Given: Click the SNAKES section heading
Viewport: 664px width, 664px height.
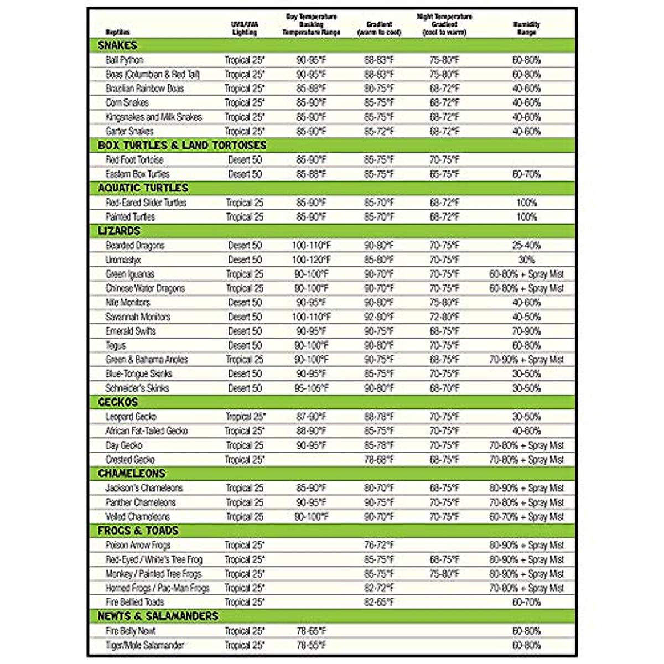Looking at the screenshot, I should coord(117,45).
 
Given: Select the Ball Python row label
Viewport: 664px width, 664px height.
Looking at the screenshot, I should coord(124,60).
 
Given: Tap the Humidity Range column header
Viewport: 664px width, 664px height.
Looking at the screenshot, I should coord(526,28).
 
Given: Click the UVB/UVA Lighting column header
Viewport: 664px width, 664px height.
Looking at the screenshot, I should coord(245,28).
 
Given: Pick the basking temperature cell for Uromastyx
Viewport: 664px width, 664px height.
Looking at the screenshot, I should coord(312,260).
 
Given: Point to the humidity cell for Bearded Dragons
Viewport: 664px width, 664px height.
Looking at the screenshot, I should coord(526,245).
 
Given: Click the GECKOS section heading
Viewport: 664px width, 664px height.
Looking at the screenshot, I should coord(118,402).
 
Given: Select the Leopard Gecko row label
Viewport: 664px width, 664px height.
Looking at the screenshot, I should coord(131,417).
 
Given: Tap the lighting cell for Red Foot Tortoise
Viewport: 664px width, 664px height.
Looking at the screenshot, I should coord(245,160).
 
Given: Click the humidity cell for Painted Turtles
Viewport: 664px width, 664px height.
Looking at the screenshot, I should coord(526,217).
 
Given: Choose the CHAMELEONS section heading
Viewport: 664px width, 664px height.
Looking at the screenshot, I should coord(132,474).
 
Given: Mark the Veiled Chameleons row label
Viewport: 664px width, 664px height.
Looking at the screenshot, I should coord(138,517).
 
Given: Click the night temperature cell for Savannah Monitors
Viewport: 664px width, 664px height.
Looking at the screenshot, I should coord(444,317).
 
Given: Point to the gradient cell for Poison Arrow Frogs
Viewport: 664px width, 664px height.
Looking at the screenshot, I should coord(379,546).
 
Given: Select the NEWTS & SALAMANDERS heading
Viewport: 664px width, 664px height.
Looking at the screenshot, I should coord(158,616).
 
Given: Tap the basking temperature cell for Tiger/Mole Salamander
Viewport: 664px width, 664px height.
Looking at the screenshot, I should coord(312,645).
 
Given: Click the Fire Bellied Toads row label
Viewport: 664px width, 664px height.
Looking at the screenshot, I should coord(135,602).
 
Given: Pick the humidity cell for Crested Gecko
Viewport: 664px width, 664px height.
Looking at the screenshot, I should coord(526,460).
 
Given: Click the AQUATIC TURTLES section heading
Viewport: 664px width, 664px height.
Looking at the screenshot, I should coord(143,188).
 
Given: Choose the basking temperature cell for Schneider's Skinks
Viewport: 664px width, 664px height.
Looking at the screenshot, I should coord(312,388).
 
